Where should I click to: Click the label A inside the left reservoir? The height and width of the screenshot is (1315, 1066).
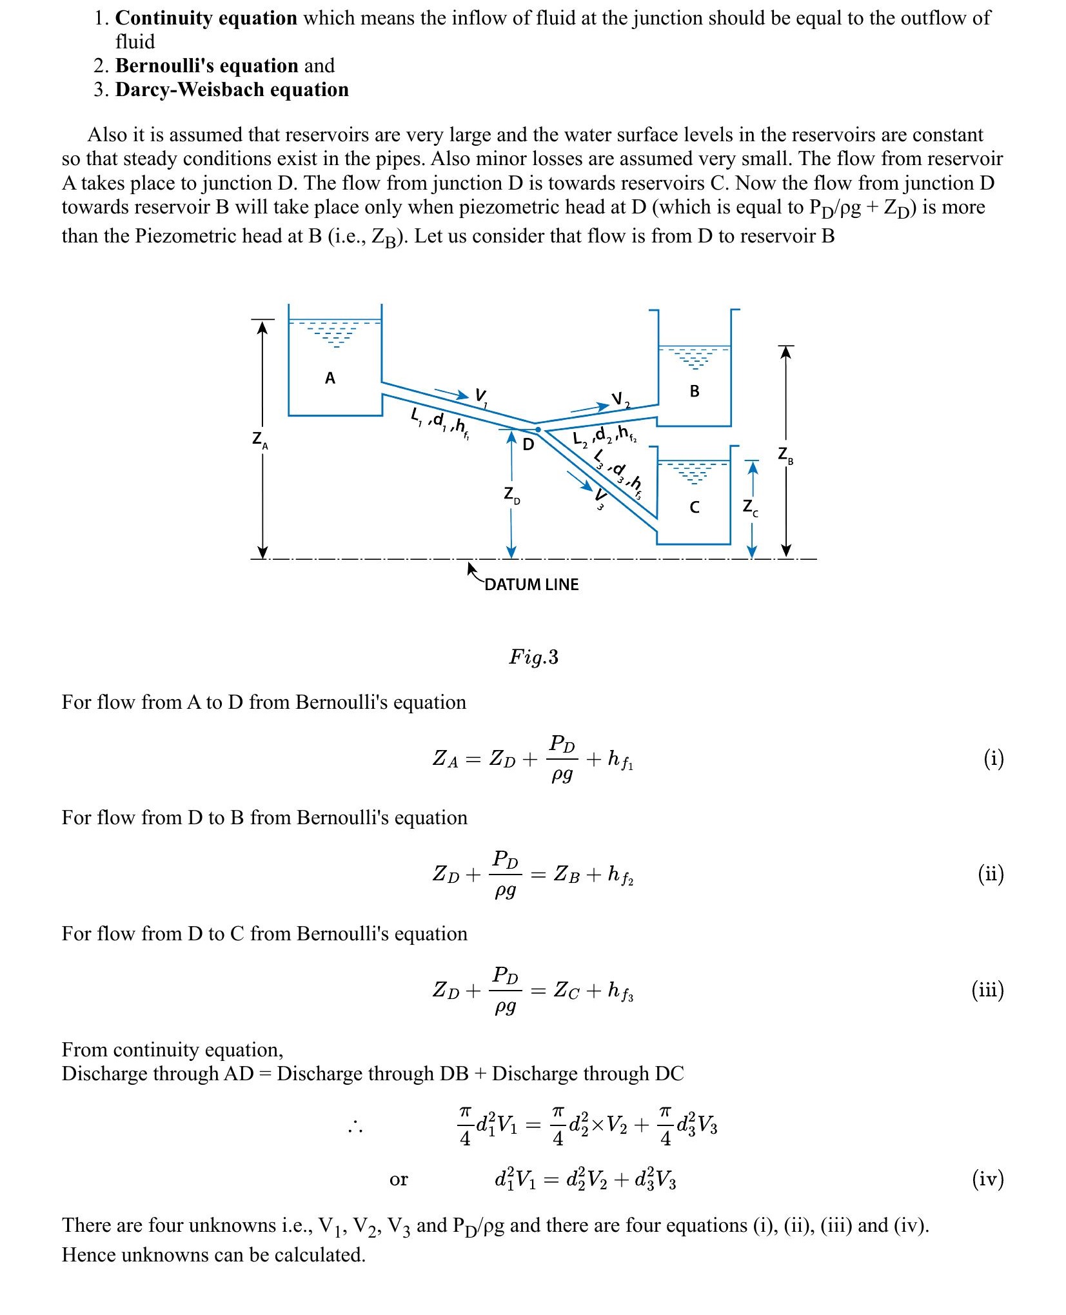(x=330, y=378)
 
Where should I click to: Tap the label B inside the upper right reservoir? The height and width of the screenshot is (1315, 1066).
(x=695, y=391)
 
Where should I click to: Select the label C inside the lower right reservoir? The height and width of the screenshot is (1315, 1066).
(x=695, y=508)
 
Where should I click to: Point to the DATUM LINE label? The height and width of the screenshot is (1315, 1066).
(x=531, y=585)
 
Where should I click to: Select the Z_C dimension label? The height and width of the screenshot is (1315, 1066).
(x=750, y=508)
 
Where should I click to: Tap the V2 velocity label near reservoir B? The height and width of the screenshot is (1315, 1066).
(x=620, y=400)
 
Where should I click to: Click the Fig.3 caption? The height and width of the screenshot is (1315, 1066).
(x=533, y=657)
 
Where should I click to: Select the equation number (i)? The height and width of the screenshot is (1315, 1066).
(x=993, y=759)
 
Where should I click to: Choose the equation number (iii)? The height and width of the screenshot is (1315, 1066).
(x=987, y=990)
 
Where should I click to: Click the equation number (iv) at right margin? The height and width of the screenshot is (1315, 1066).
(x=987, y=1179)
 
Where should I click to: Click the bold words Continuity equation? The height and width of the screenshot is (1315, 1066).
(x=206, y=18)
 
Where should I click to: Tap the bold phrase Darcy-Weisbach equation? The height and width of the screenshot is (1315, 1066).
(x=232, y=90)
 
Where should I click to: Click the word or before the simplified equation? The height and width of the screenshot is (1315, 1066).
(x=399, y=1180)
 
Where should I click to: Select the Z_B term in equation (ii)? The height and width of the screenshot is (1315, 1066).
(x=568, y=875)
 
